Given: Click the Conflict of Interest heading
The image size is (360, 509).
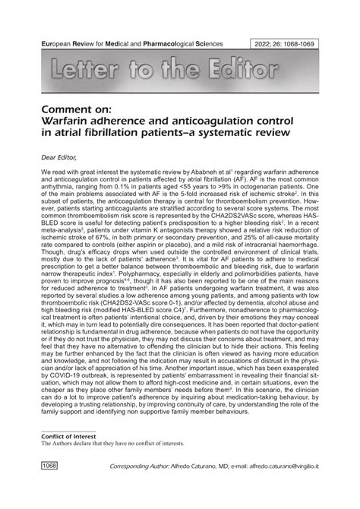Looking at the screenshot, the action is point(74,457).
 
